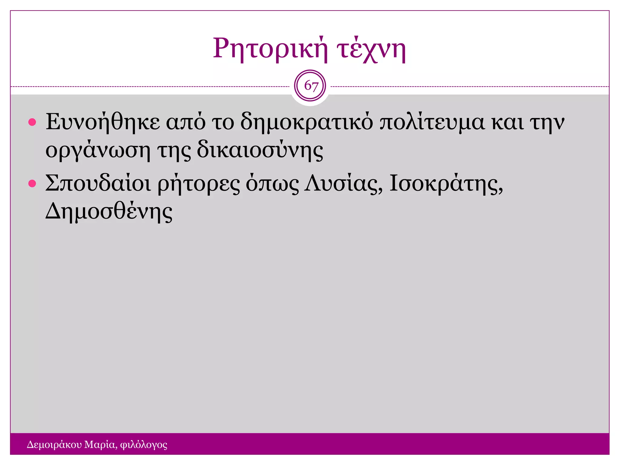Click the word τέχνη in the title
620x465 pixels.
point(372,49)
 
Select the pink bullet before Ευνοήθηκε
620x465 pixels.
point(32,123)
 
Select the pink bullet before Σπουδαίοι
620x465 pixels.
point(32,184)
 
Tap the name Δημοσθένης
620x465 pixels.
point(109,211)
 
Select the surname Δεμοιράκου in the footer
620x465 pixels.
point(54,445)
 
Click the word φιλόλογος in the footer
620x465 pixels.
point(143,445)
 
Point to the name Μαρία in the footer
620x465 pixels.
point(100,444)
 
